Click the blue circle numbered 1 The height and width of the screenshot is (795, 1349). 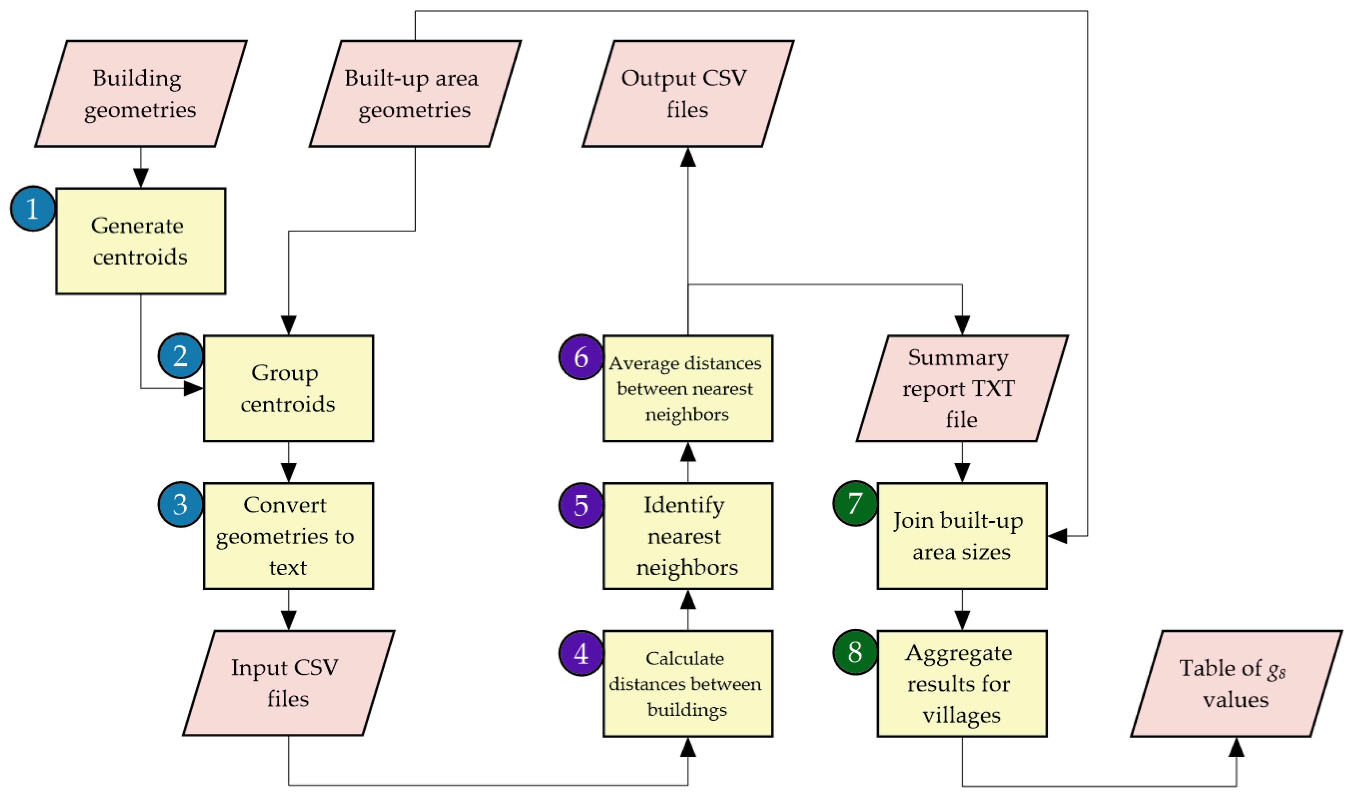33,208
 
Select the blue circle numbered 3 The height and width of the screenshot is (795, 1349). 181,504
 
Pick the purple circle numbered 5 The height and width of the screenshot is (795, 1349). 581,505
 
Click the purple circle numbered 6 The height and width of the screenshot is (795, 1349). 581,357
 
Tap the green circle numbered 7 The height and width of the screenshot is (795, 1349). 855,503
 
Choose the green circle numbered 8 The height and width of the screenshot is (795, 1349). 855,652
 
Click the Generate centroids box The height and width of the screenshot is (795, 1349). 141,241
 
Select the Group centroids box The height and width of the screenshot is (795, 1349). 288,388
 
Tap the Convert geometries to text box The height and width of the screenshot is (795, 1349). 288,536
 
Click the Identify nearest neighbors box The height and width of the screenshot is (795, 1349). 688,536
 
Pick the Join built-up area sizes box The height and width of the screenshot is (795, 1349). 962,536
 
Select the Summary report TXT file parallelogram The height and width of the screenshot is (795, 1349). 962,388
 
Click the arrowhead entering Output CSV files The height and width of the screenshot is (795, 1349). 688,157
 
